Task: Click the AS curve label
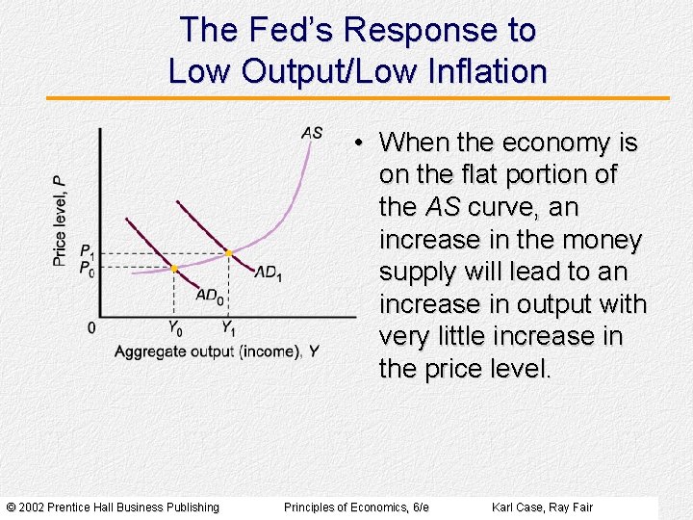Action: point(312,133)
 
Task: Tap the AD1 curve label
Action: point(269,273)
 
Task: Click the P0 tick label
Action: point(87,268)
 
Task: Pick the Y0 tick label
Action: point(175,327)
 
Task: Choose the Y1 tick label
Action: point(228,327)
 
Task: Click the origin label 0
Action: point(91,328)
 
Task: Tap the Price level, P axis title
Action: point(60,220)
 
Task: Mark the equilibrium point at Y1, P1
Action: point(228,253)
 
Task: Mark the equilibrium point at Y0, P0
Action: point(174,269)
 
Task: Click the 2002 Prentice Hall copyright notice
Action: point(113,507)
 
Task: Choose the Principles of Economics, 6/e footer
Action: point(356,507)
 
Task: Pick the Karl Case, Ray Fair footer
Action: point(542,507)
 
